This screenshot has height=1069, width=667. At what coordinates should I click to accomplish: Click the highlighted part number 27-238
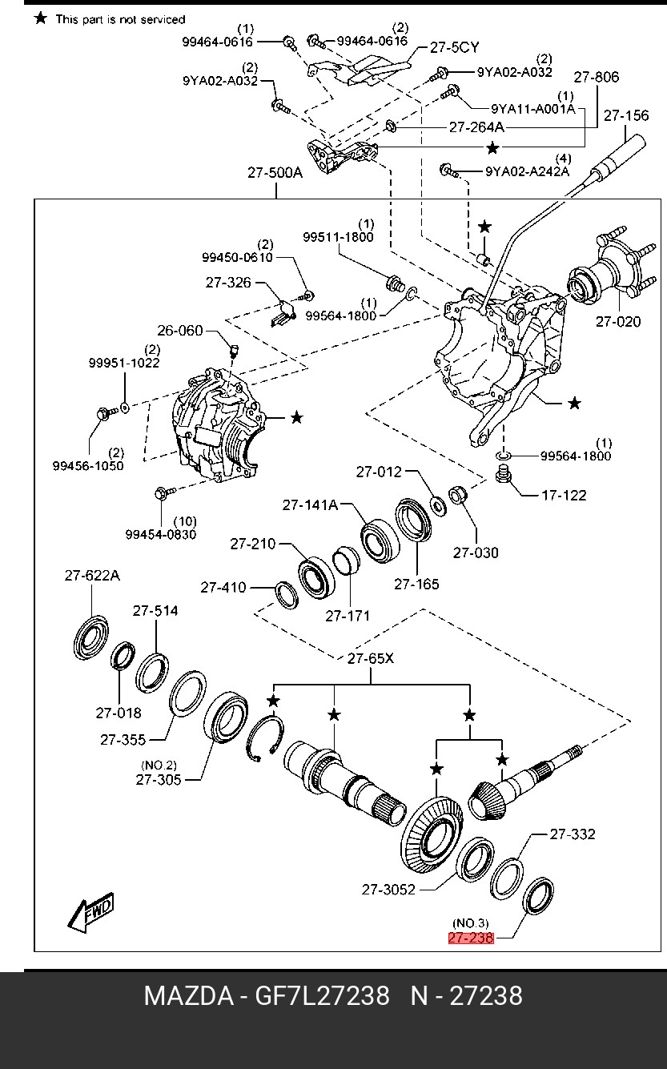(x=471, y=938)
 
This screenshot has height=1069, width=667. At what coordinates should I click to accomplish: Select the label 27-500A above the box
(x=275, y=172)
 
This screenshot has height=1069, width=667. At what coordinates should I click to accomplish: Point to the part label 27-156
(x=626, y=115)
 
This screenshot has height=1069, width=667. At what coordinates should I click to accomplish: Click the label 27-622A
(x=92, y=576)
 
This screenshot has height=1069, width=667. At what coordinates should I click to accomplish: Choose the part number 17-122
(x=564, y=496)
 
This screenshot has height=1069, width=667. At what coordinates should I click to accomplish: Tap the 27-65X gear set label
(x=370, y=658)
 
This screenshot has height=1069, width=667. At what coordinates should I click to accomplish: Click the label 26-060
(x=180, y=330)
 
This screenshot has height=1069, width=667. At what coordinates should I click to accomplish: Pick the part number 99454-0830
(x=161, y=535)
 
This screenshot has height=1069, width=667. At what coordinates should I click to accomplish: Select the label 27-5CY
(x=454, y=47)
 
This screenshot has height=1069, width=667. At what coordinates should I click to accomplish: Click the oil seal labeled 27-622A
(x=91, y=637)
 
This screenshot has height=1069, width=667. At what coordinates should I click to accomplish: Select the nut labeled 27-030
(x=458, y=494)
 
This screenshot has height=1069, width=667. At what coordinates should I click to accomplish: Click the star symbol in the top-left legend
(x=41, y=18)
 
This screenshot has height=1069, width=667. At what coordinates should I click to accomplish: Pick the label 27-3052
(x=388, y=890)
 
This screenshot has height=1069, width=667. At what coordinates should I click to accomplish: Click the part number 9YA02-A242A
(x=527, y=171)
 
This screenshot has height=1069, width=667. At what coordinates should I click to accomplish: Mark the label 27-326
(x=228, y=283)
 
